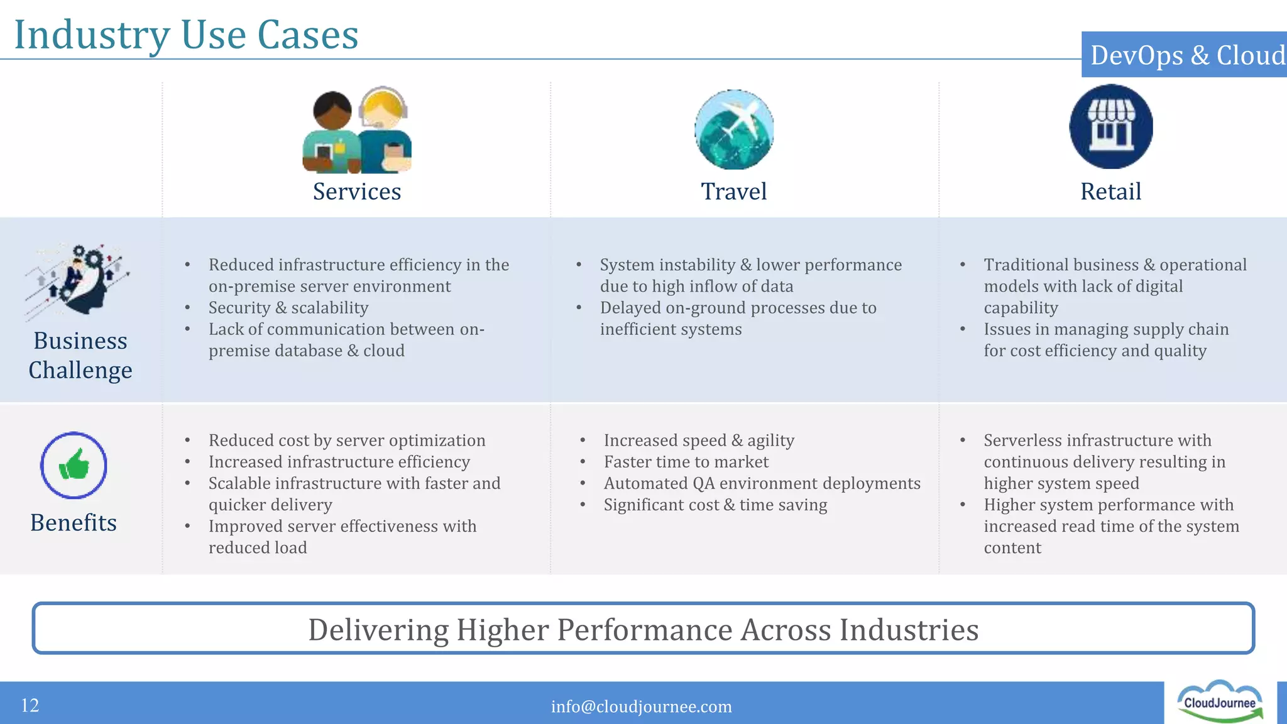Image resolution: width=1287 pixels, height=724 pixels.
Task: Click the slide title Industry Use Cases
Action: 186,35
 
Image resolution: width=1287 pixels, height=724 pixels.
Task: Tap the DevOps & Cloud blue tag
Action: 1185,55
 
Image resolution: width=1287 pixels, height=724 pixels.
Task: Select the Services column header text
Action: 357,192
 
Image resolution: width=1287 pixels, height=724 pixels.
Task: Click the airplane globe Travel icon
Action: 734,129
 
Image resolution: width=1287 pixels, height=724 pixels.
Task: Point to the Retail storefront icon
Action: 1110,127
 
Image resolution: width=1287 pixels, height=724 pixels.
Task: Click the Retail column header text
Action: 1110,192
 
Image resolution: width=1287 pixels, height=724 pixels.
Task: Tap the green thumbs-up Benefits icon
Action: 74,466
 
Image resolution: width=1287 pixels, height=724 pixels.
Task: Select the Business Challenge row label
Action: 80,355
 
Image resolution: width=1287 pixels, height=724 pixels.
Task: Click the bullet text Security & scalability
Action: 288,308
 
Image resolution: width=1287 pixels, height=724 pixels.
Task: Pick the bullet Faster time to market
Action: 686,462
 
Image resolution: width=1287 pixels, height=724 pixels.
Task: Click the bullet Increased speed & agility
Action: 699,441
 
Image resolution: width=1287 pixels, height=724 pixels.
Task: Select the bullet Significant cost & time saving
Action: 715,505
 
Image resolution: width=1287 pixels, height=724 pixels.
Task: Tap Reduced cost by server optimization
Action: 347,441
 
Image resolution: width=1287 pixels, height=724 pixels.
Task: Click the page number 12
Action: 30,705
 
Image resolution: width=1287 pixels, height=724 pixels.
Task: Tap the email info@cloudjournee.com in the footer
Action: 641,706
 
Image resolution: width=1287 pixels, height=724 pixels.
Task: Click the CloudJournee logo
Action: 1219,701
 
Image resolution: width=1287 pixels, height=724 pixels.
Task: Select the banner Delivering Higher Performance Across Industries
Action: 643,629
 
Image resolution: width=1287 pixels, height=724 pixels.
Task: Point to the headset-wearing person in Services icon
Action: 384,129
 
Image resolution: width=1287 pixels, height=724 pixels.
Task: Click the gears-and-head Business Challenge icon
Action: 78,280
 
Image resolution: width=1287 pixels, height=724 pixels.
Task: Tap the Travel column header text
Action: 733,192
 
